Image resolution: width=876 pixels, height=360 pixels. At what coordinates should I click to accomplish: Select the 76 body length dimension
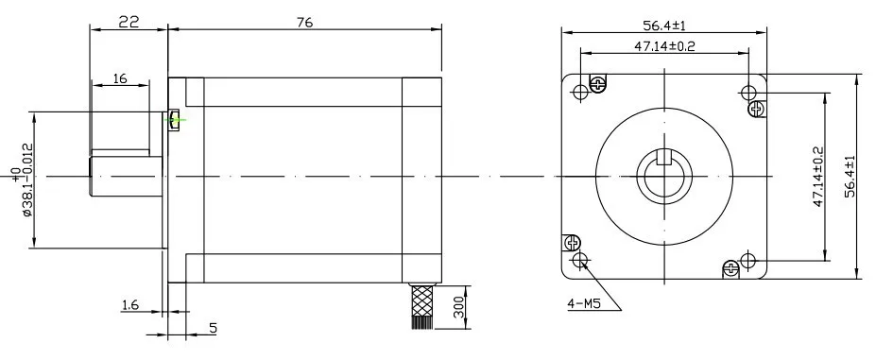(305, 22)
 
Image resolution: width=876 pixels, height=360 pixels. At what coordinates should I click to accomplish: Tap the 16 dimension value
(120, 78)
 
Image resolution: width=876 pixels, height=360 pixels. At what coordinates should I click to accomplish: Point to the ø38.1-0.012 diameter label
(23, 180)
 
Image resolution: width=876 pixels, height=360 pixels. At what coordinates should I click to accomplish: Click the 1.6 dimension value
(129, 304)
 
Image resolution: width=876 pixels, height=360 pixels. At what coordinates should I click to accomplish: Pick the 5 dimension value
(213, 328)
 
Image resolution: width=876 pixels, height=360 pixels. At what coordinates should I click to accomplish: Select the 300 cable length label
(459, 308)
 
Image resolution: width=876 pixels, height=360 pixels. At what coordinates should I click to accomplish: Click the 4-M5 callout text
(584, 304)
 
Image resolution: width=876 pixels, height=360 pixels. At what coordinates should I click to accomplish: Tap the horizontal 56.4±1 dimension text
(664, 26)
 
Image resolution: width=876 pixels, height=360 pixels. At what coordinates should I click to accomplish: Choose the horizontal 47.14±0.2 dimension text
(664, 46)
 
